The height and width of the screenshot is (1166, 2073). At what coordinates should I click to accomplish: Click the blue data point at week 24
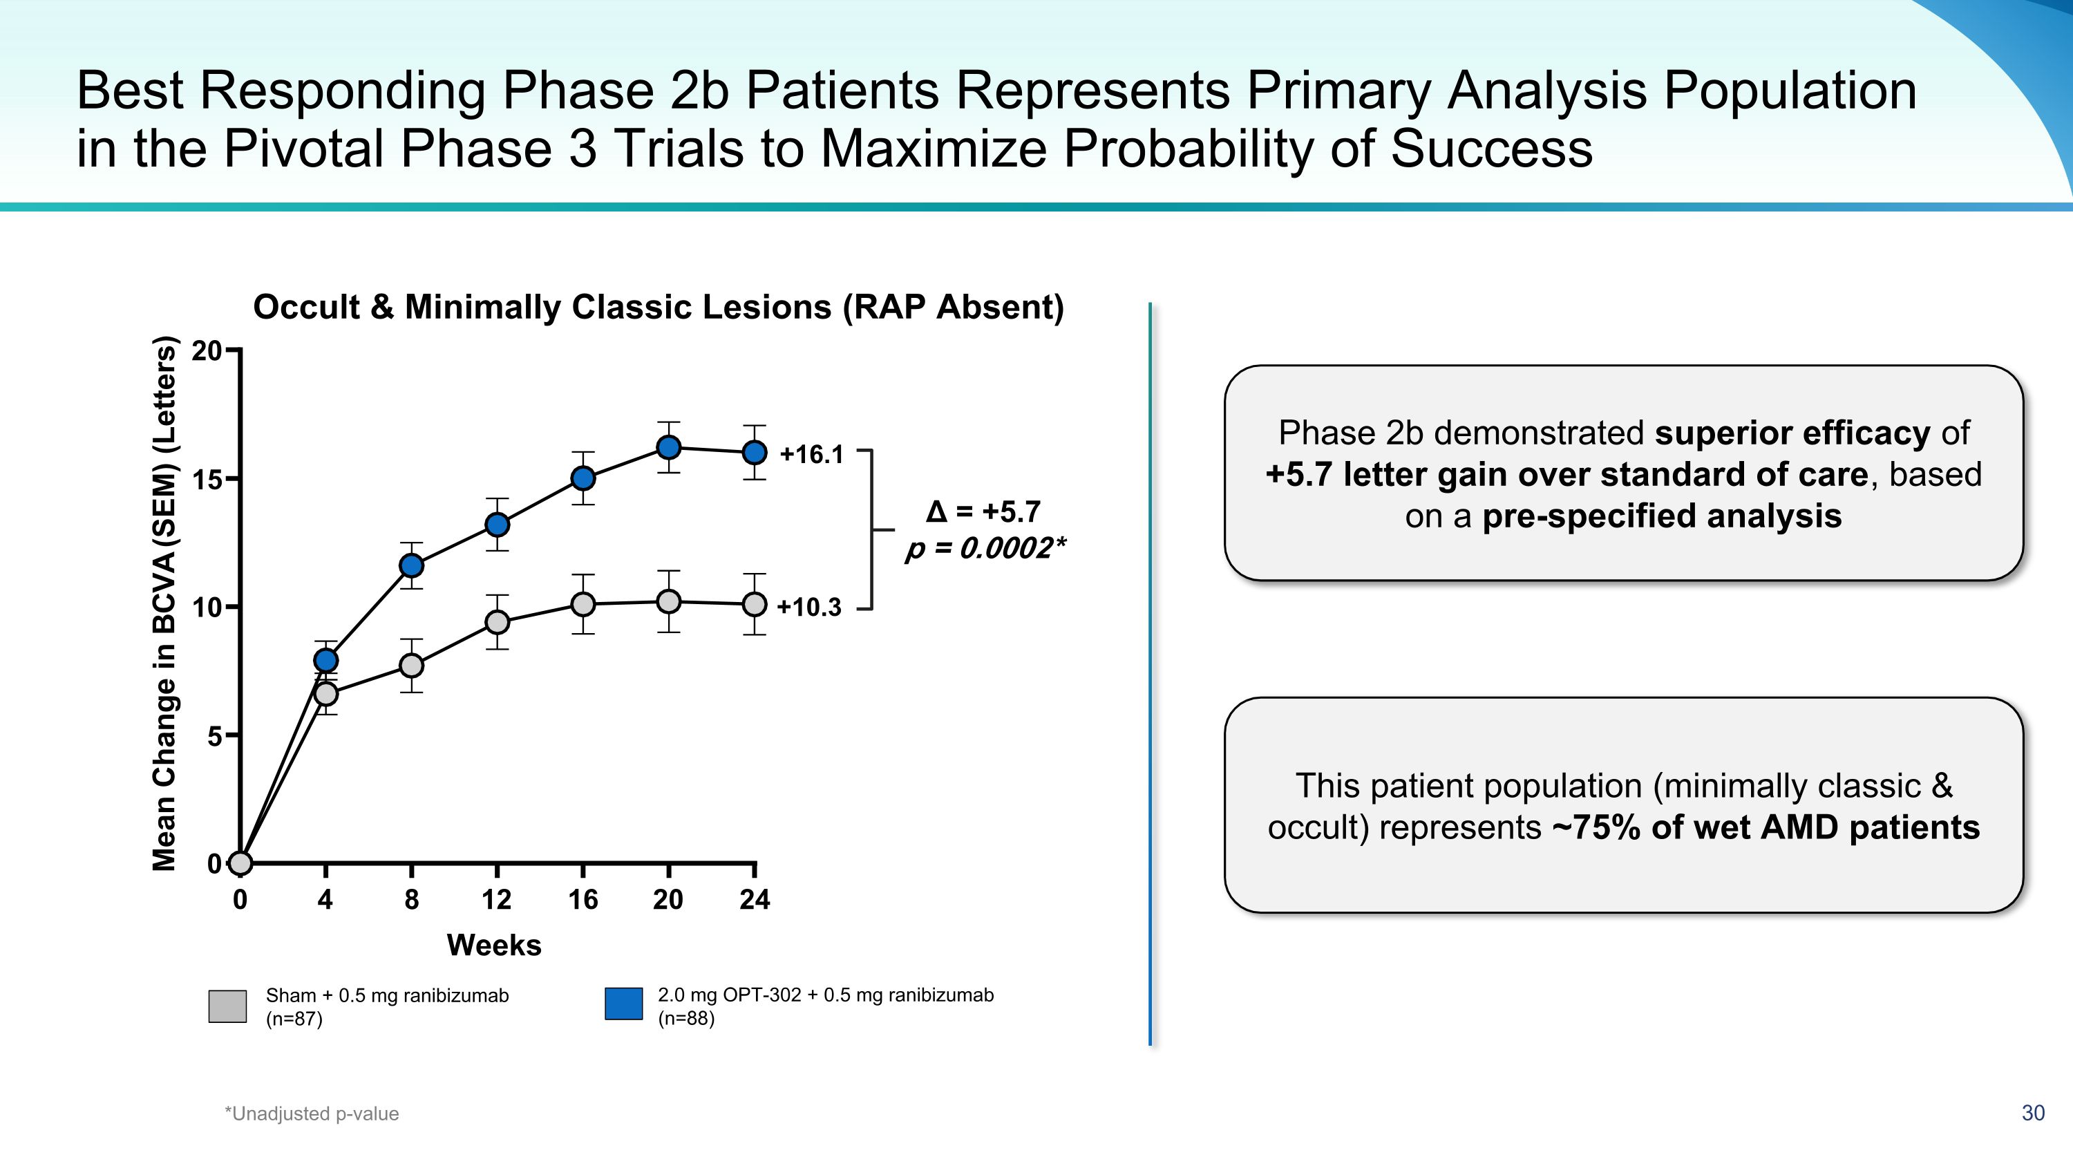coord(754,452)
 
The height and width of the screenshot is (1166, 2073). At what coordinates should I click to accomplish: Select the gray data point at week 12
coord(498,622)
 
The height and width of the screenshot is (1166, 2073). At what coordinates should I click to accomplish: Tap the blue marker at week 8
coord(411,565)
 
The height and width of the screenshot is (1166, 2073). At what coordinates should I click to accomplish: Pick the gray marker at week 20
coord(669,601)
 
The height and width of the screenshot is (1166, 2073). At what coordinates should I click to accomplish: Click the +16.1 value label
coord(811,455)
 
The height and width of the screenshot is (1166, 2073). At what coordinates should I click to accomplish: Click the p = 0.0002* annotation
coord(985,549)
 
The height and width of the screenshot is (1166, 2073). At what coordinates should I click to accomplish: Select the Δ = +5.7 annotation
coord(983,511)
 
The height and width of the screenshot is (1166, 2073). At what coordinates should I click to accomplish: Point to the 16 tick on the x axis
coord(583,899)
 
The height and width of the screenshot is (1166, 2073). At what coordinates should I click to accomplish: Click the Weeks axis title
coord(494,945)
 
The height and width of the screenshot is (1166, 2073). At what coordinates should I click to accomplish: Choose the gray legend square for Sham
coord(228,1006)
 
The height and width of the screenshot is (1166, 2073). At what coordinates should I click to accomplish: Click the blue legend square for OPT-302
coord(624,1004)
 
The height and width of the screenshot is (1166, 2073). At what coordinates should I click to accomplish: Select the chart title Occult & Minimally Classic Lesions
coord(659,308)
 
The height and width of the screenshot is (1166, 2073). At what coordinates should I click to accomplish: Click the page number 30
coord(2033,1113)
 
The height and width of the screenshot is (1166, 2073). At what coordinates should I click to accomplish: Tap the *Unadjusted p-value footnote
coord(312,1113)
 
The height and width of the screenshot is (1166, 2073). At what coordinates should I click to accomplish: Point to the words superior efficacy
coord(1791,433)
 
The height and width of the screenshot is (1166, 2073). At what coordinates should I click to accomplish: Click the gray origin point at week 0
coord(240,863)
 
